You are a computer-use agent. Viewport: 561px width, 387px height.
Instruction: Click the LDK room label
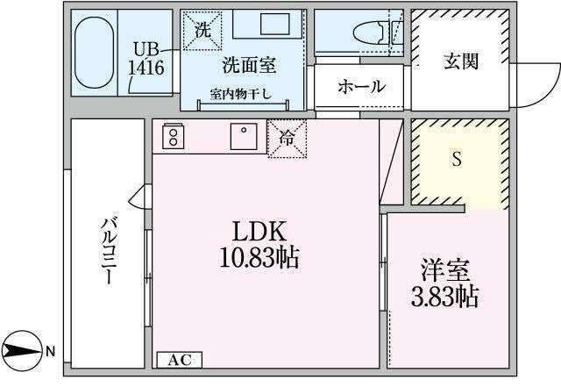pyautogui.click(x=259, y=232)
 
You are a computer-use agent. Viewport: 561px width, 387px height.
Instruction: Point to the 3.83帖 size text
pyautogui.click(x=445, y=295)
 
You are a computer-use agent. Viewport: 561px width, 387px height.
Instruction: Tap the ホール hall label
pyautogui.click(x=360, y=87)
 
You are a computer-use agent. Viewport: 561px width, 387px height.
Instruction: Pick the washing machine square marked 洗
pyautogui.click(x=202, y=30)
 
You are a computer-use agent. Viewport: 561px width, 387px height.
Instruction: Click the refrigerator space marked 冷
pyautogui.click(x=287, y=140)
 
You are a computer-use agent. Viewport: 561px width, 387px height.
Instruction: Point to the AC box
pyautogui.click(x=179, y=359)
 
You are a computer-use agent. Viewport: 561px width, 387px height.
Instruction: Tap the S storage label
pyautogui.click(x=456, y=159)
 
